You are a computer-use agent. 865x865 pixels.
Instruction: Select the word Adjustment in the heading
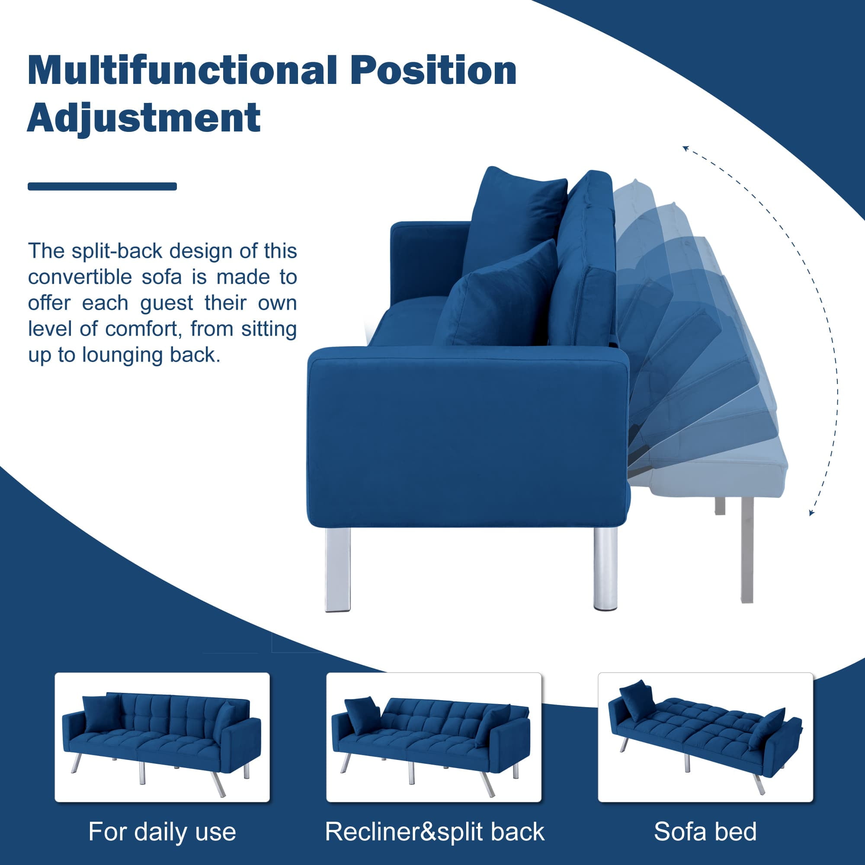[x=144, y=118]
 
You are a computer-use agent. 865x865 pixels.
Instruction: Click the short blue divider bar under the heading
[x=102, y=186]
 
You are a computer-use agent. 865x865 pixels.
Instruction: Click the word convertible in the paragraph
[x=80, y=277]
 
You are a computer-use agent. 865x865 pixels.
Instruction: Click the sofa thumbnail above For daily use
[x=162, y=737]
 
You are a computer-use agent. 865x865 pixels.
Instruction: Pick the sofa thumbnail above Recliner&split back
[x=434, y=737]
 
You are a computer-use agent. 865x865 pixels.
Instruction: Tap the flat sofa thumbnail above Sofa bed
[x=705, y=737]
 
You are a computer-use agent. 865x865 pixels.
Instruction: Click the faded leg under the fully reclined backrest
[x=747, y=550]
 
